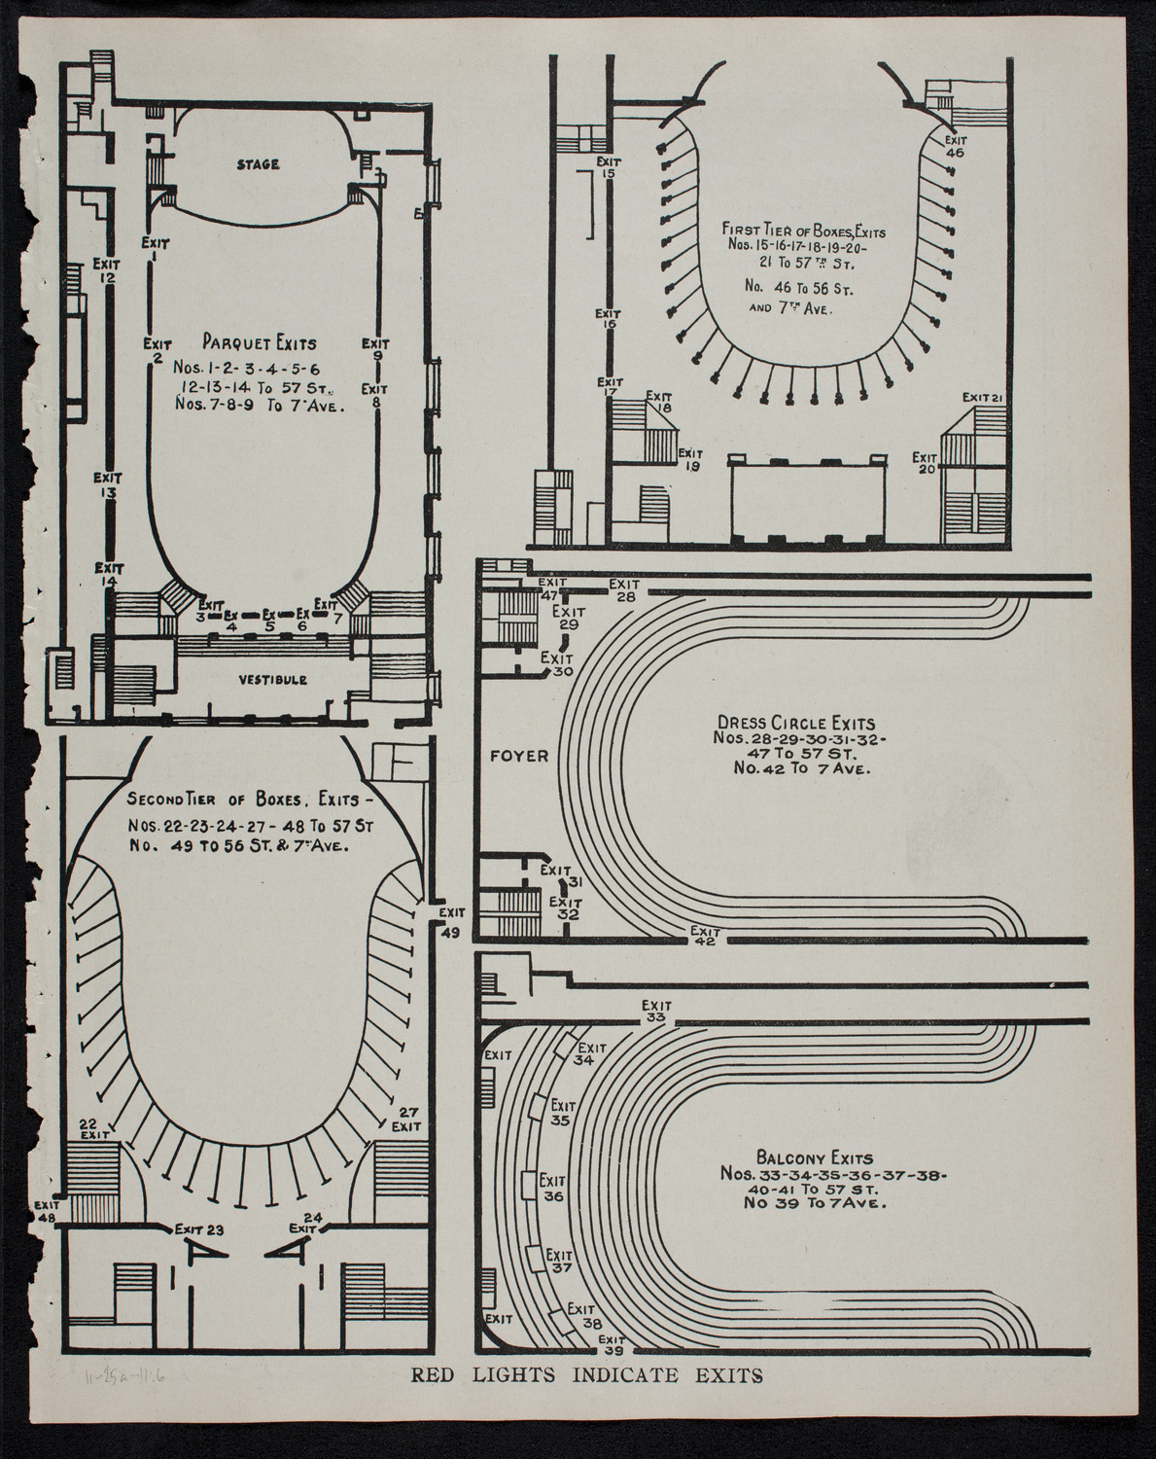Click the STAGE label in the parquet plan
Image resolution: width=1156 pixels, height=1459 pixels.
pos(258,164)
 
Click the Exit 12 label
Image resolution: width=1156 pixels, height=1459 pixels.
pos(107,269)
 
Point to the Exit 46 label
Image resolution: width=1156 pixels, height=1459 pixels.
pos(954,146)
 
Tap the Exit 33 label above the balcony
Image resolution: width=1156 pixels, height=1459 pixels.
pos(656,1012)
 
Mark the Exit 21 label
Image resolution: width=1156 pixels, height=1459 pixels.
pos(983,398)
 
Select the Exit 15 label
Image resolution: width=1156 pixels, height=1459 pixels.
pos(609,167)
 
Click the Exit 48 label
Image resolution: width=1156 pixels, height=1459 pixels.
pos(47,1209)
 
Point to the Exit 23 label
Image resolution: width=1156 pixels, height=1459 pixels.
pos(200,1229)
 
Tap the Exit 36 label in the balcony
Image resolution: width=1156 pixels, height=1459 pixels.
pos(553,1189)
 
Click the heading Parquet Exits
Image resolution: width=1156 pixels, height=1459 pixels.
pos(260,342)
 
